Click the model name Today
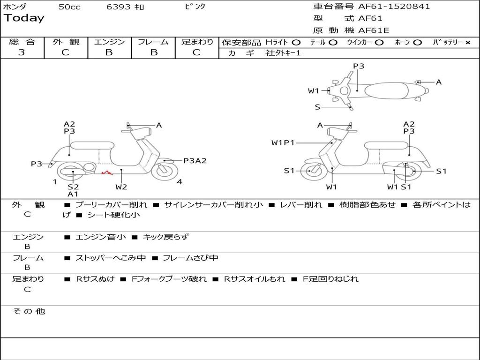24,18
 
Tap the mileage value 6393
119,7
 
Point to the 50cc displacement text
69,7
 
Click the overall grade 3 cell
22,52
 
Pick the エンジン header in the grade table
109,42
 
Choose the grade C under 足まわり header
196,52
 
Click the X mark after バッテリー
467,43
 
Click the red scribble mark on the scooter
107,172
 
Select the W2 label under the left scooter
121,187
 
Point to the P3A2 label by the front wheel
195,161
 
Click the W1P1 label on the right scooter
283,143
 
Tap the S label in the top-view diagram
317,107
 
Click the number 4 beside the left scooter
180,182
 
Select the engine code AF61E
374,30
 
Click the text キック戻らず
165,237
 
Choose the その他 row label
29,311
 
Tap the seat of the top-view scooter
389,90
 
